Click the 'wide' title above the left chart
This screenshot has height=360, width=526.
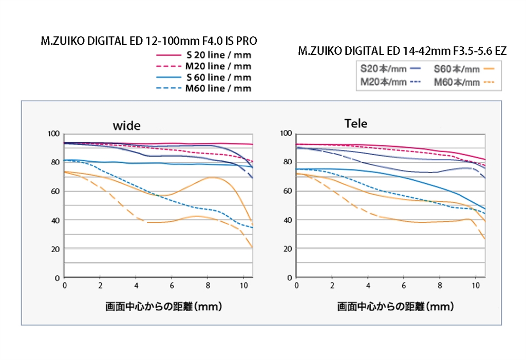pyautogui.click(x=126, y=126)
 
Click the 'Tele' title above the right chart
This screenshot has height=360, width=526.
pyautogui.click(x=355, y=124)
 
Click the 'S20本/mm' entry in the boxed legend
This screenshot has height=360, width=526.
pyautogui.click(x=384, y=68)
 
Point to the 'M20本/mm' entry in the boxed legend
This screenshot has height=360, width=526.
pyautogui.click(x=384, y=82)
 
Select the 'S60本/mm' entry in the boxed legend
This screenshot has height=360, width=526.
pyautogui.click(x=457, y=68)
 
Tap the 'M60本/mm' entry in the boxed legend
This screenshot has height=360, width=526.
pyautogui.click(x=457, y=82)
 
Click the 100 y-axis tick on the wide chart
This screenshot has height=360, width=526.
pyautogui.click(x=53, y=134)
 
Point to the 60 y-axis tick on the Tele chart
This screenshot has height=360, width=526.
pyautogui.click(x=287, y=191)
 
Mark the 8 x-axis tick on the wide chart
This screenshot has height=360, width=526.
pyautogui.click(x=208, y=285)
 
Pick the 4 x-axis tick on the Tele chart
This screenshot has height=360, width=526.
pyautogui.click(x=368, y=285)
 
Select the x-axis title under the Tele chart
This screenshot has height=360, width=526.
pyautogui.click(x=395, y=307)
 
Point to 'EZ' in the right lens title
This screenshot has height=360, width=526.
pyautogui.click(x=499, y=51)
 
